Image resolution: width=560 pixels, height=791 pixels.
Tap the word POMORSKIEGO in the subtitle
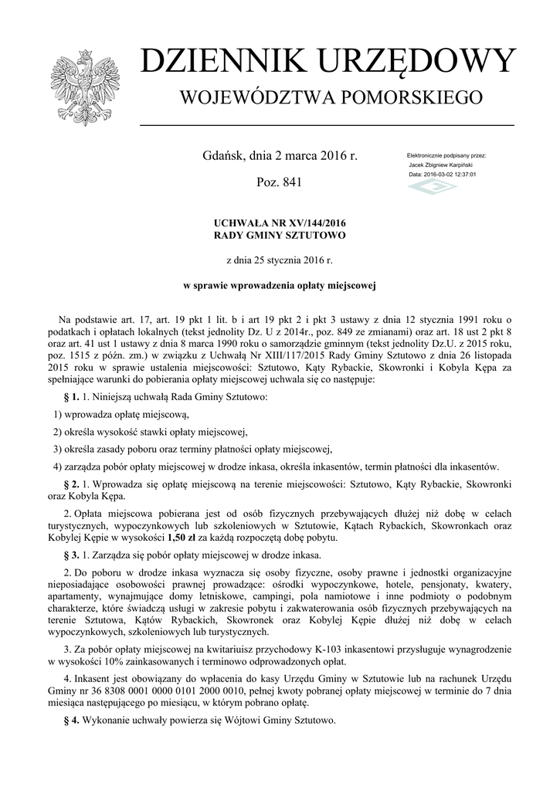click(409, 98)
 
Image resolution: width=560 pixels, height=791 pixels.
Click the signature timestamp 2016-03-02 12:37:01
click(443, 175)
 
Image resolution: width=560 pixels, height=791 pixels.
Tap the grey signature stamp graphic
click(432, 188)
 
